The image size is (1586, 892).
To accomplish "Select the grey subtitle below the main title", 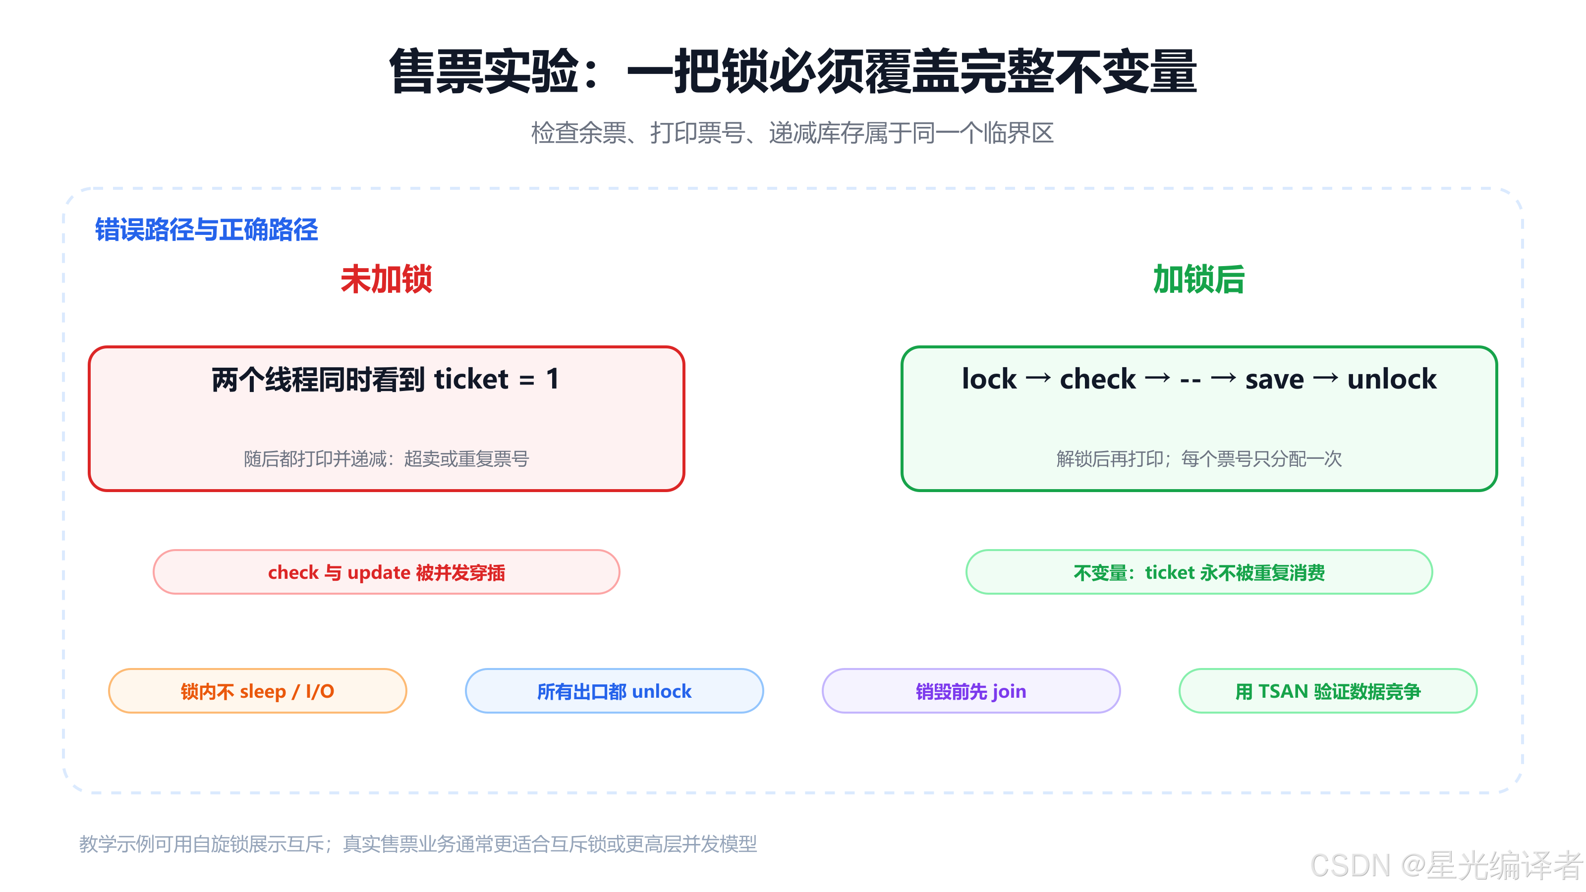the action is click(x=793, y=133).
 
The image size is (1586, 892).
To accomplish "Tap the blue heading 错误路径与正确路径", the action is click(x=206, y=229).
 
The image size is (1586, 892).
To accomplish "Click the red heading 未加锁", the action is click(x=386, y=279).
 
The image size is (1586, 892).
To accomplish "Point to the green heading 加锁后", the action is click(x=1199, y=279).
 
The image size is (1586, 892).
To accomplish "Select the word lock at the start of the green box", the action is click(x=989, y=379).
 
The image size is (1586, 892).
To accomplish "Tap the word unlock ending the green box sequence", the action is click(x=1391, y=379).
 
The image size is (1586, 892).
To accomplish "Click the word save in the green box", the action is click(x=1274, y=380).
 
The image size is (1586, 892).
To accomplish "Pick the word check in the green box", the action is click(x=1098, y=379).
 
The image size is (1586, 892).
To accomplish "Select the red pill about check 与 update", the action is click(x=386, y=572).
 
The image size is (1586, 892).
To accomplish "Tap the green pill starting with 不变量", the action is click(x=1199, y=572).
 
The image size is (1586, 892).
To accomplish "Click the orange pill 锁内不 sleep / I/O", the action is click(x=257, y=691).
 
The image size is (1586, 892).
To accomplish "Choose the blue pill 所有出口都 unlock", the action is click(x=615, y=691).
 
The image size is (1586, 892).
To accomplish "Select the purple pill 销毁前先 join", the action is click(x=971, y=691).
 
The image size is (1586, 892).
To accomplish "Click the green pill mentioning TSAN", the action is click(x=1328, y=691).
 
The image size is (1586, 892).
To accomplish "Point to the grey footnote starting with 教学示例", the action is click(x=418, y=843).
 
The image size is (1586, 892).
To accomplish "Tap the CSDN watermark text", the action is click(x=1446, y=866).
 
